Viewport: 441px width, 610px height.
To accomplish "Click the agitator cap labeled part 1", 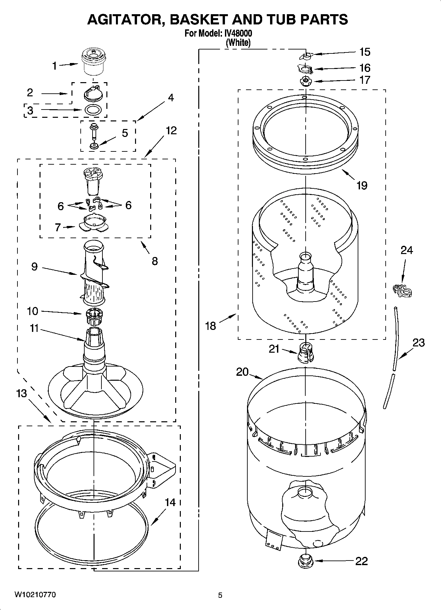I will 93,61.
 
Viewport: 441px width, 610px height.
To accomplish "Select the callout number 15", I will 365,52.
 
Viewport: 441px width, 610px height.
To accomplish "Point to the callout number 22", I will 361,561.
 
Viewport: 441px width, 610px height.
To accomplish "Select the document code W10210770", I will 35,594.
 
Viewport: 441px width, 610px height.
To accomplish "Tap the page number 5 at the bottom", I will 220,595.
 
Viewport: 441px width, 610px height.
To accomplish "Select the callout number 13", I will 22,393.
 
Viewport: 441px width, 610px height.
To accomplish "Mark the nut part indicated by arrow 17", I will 306,80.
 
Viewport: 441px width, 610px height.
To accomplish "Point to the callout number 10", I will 32,311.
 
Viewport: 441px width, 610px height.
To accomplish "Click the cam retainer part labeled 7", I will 94,223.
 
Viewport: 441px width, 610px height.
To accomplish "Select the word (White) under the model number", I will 238,43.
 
